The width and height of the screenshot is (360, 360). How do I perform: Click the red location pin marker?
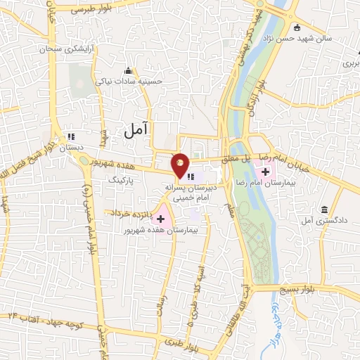[180, 164]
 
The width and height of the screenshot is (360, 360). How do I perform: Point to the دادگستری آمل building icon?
[324, 210]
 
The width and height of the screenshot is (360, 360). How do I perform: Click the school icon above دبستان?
[70, 137]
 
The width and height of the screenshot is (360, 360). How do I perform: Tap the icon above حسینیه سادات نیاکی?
[128, 70]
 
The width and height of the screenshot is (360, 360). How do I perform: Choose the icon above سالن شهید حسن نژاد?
[297, 28]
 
